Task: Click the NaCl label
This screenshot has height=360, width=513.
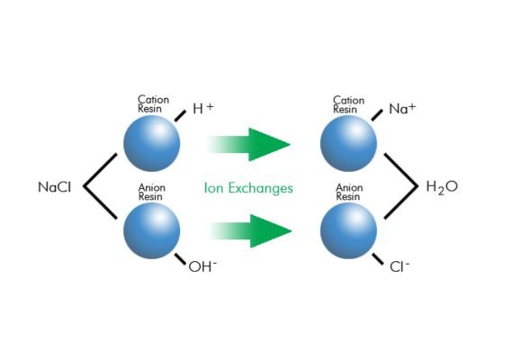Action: (x=54, y=187)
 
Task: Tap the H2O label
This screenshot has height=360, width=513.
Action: (x=442, y=187)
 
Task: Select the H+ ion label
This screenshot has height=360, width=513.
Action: (x=203, y=108)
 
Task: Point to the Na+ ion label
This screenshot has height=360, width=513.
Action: (x=402, y=108)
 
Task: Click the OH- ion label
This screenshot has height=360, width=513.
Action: (x=202, y=266)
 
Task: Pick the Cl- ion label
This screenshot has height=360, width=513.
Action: (x=400, y=266)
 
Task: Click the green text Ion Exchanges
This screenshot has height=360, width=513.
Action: (x=248, y=188)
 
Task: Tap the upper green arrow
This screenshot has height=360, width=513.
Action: (x=248, y=144)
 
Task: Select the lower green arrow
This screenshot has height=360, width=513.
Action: (x=249, y=231)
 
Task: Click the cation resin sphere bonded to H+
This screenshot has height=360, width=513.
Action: (x=152, y=143)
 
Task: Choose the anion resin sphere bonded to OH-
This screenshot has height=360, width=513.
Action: (x=152, y=230)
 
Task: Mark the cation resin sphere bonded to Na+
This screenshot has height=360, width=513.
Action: (x=349, y=143)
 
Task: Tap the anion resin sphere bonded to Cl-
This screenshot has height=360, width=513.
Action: (x=349, y=230)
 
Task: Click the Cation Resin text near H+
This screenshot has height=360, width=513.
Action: (x=153, y=104)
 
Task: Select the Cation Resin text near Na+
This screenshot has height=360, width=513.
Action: (x=348, y=104)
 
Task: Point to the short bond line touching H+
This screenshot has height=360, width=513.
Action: (x=180, y=116)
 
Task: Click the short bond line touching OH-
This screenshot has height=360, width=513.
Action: (x=180, y=259)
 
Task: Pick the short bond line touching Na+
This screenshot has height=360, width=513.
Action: (x=377, y=115)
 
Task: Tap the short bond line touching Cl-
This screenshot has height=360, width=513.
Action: (x=378, y=259)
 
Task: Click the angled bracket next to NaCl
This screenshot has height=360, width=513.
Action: (x=84, y=186)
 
